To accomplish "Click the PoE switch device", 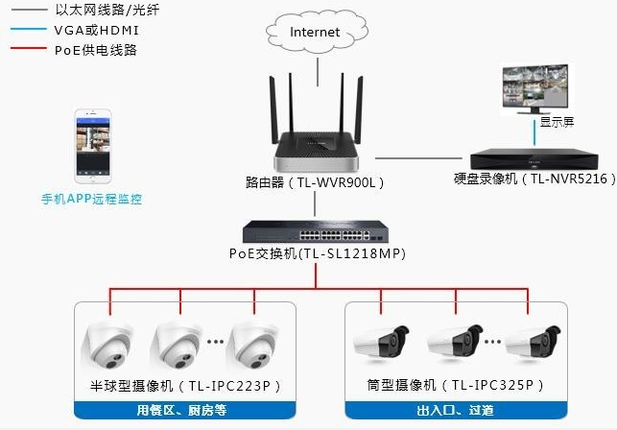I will (316, 231).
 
